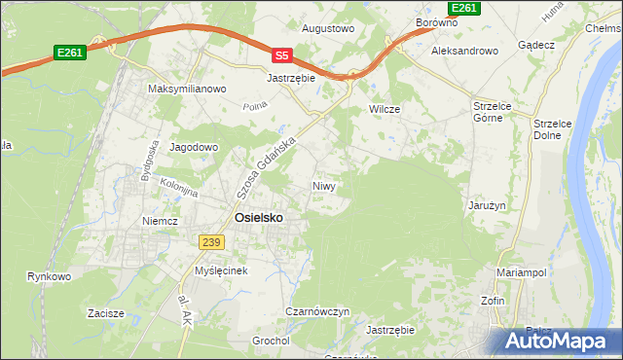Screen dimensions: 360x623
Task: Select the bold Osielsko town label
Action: pos(259,218)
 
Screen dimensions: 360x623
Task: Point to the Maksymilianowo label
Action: pos(187,89)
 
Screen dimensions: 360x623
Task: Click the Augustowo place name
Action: pos(327,29)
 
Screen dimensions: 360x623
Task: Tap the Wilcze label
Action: pos(385,109)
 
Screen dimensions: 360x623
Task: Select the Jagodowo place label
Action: pos(195,147)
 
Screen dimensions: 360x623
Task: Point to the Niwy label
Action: pos(324,185)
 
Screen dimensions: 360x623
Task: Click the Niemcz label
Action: pos(160,221)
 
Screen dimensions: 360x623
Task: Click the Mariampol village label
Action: pos(517,272)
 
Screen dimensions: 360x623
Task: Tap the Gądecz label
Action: pos(536,46)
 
